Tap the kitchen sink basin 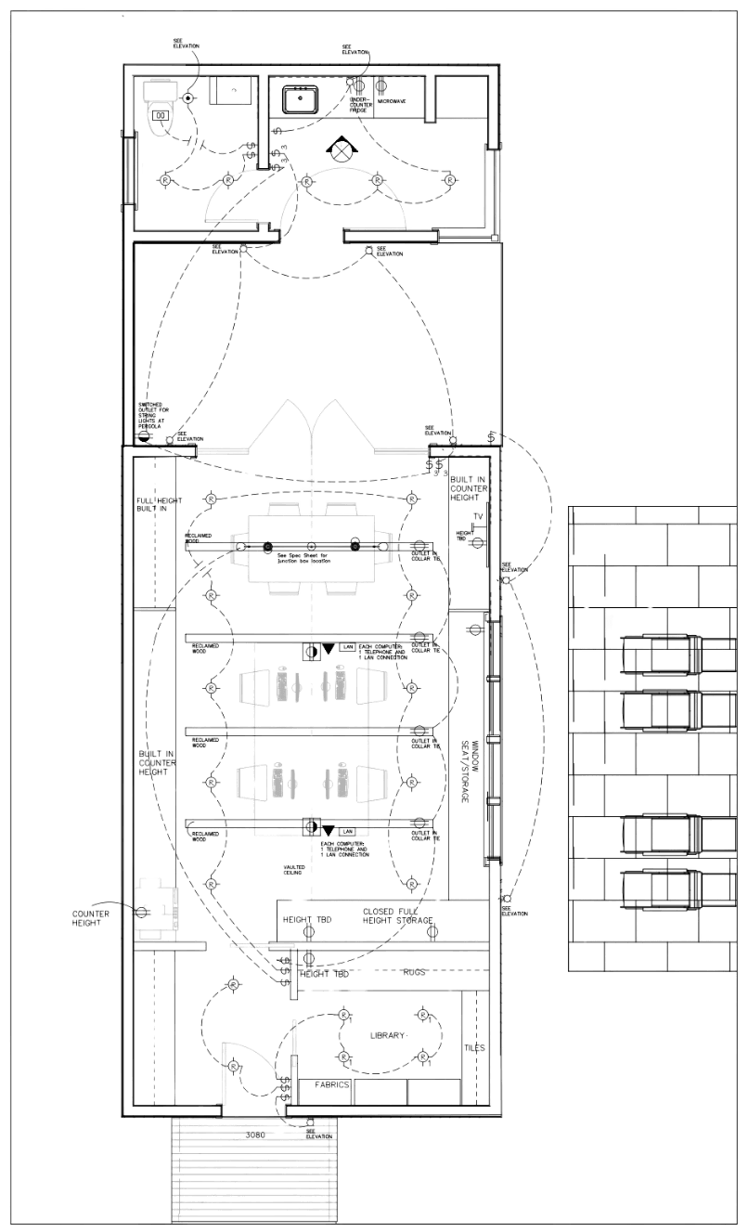pyautogui.click(x=303, y=97)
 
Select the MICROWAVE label pyautogui.click(x=390, y=100)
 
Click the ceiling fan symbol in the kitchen pyautogui.click(x=341, y=148)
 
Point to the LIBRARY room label pyautogui.click(x=389, y=1034)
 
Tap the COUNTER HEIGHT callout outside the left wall pyautogui.click(x=90, y=918)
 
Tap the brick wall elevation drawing pyautogui.click(x=651, y=738)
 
